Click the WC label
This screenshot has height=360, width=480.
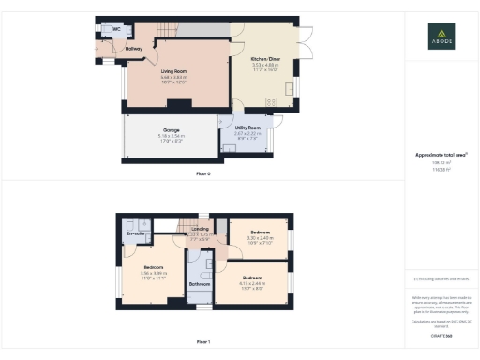[x=116, y=29]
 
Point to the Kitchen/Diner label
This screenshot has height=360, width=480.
[x=266, y=58]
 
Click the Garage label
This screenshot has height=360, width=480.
[x=172, y=129]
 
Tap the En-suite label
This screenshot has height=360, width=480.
[x=134, y=232]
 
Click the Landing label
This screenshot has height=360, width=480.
[x=200, y=228]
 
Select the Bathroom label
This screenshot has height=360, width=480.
[x=200, y=282]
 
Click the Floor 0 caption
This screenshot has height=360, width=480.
[x=203, y=174]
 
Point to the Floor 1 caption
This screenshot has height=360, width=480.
[x=203, y=342]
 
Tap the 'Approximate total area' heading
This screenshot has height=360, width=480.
[x=441, y=155]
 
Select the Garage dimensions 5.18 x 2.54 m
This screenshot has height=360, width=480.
[x=172, y=136]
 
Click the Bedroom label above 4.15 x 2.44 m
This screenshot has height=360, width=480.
[x=252, y=277]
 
